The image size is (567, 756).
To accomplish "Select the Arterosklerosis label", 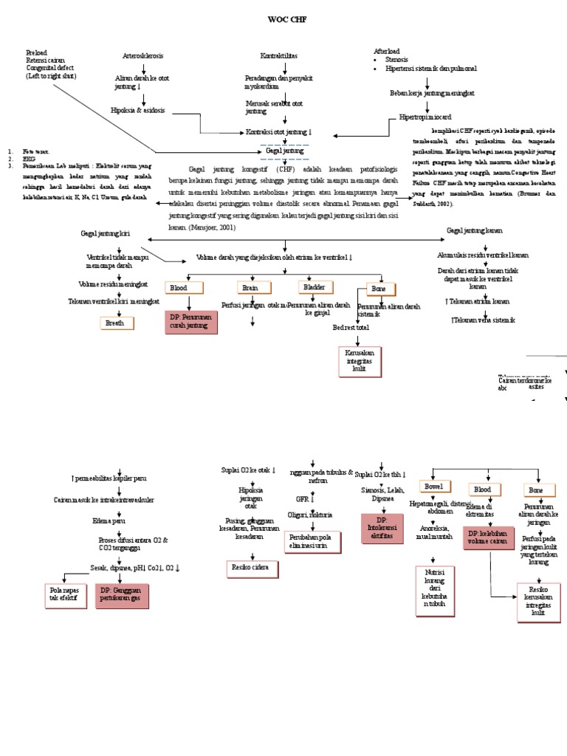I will coord(142,56).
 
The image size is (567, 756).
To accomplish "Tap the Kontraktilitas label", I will coord(279,56).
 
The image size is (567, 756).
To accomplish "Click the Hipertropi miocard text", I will coord(425,117).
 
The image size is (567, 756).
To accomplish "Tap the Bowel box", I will coord(433,487).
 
